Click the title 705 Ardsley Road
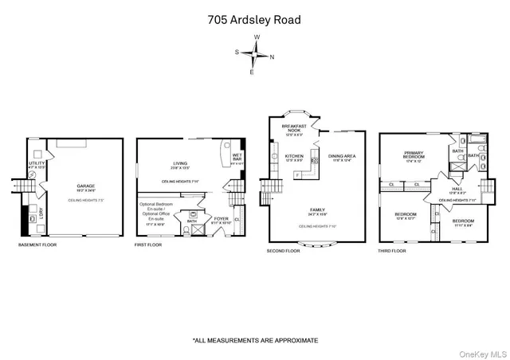point(255,19)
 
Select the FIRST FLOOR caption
point(147,245)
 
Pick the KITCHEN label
point(294,156)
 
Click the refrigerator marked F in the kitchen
point(297,174)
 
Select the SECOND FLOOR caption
point(283,251)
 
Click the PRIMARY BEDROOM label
point(414,155)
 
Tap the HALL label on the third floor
point(457,189)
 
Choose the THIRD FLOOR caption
point(392,251)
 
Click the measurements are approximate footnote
point(255,340)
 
